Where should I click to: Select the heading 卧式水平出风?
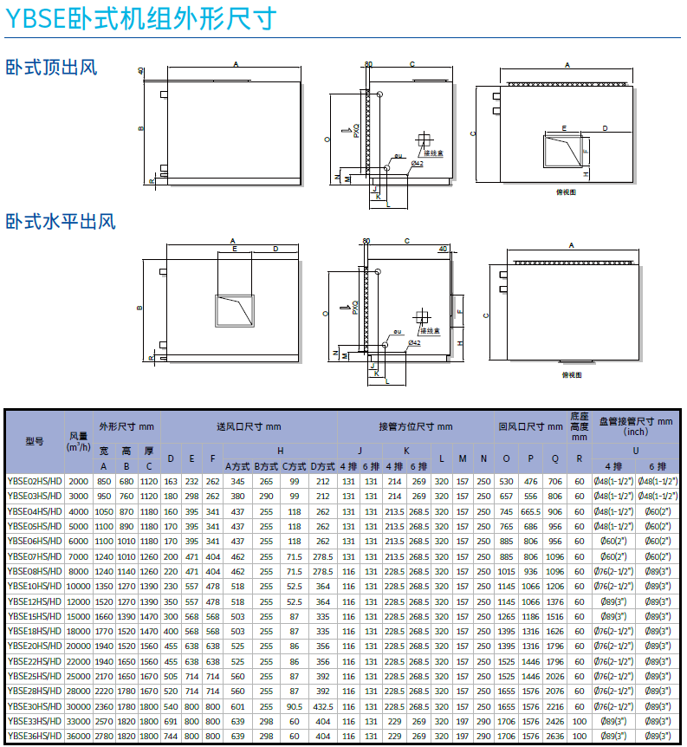pos(61,222)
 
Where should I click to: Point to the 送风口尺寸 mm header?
pos(249,426)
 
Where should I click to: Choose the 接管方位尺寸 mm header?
pos(415,426)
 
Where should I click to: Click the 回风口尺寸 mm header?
pos(530,426)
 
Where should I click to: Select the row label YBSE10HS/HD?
pos(35,586)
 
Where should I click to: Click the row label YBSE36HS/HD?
pos(35,736)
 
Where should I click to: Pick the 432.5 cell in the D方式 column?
pos(323,705)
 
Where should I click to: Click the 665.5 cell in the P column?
pos(531,511)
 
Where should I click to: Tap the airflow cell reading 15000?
pos(79,616)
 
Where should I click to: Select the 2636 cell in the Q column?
pos(555,736)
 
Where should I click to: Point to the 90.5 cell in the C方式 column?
pos(295,705)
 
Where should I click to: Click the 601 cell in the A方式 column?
pos(239,705)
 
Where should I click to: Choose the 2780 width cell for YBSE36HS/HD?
pos(104,736)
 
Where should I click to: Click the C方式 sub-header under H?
pos(295,466)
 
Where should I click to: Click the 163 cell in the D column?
pos(171,481)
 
